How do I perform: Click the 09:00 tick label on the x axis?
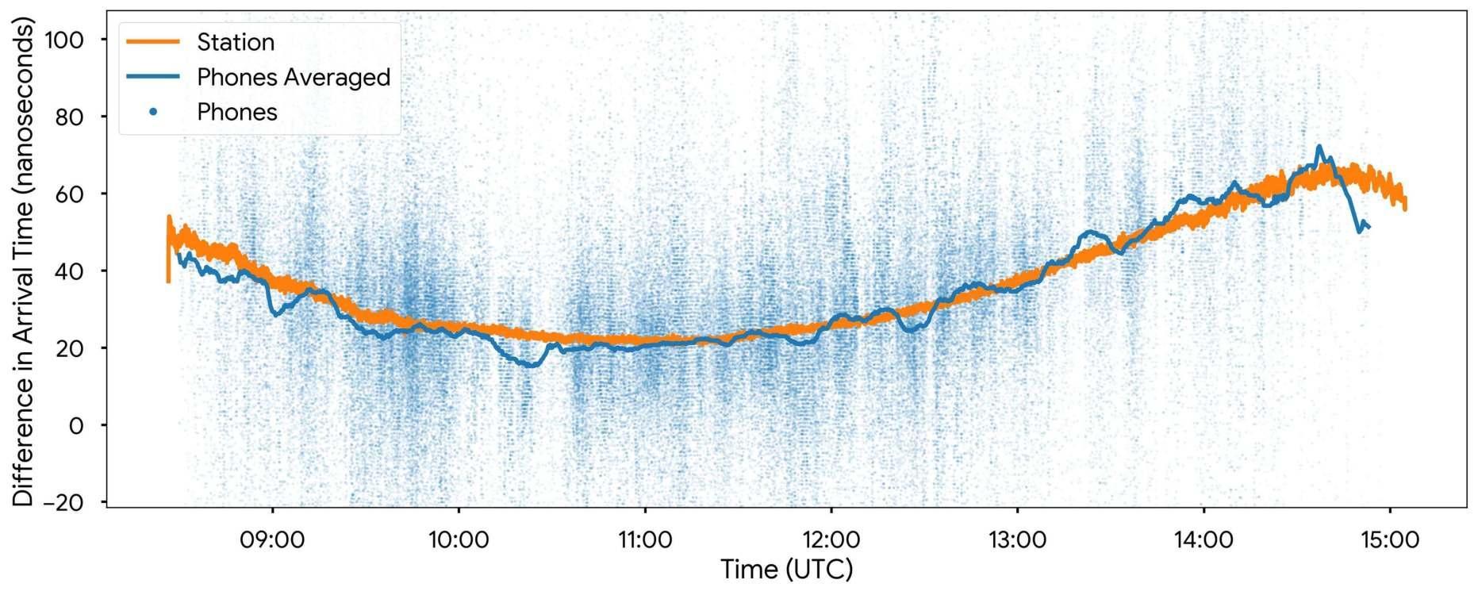(x=272, y=540)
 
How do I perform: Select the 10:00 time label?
(x=459, y=540)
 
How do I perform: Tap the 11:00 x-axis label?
(x=645, y=540)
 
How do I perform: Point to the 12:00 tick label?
(x=831, y=540)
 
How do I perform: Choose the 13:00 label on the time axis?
(x=1017, y=540)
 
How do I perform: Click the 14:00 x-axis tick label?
(x=1204, y=540)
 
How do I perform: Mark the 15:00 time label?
(x=1390, y=540)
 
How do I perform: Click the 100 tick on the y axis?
(x=64, y=40)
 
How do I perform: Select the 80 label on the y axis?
(x=70, y=117)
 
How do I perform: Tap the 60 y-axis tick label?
(x=70, y=194)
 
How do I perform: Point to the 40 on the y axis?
(x=70, y=271)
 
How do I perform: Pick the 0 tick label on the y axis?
(x=76, y=426)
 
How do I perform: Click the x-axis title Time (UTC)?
(x=786, y=570)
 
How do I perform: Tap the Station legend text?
(x=236, y=42)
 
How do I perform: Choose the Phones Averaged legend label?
(x=294, y=77)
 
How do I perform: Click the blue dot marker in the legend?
(x=153, y=112)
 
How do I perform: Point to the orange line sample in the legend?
(x=153, y=42)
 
